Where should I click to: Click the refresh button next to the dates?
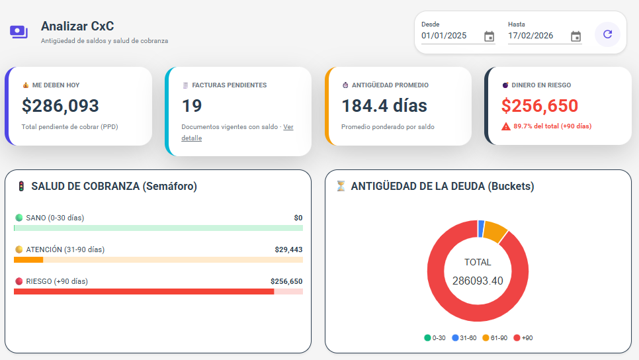point(607,34)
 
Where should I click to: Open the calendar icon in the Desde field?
point(489,36)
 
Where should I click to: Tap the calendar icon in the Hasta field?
point(575,36)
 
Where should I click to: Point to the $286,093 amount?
point(60,106)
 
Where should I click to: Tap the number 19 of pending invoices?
point(192,106)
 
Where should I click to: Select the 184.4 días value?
point(384,106)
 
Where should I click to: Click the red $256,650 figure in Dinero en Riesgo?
point(540,106)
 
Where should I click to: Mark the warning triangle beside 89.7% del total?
point(506,126)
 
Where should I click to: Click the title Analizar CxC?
point(77,26)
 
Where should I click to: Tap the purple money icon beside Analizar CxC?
point(19,32)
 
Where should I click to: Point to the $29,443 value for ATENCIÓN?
point(288,249)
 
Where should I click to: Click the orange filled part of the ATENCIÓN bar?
point(28,259)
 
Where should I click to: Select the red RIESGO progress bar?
point(144,291)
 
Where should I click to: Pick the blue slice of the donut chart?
point(481,228)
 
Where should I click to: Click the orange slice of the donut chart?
point(494,232)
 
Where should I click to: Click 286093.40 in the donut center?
point(478,281)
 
